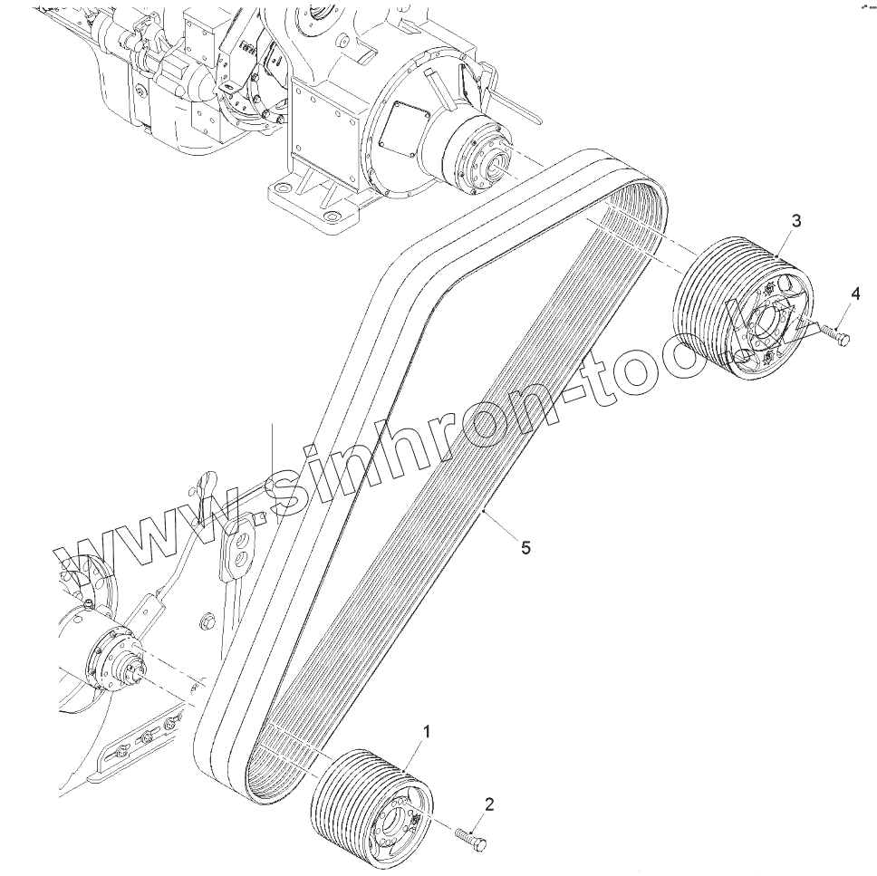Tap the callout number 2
click(x=489, y=803)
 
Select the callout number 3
click(x=795, y=221)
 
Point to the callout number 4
click(x=854, y=294)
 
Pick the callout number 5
click(x=526, y=547)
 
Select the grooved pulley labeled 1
click(x=362, y=797)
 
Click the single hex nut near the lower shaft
click(x=206, y=621)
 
